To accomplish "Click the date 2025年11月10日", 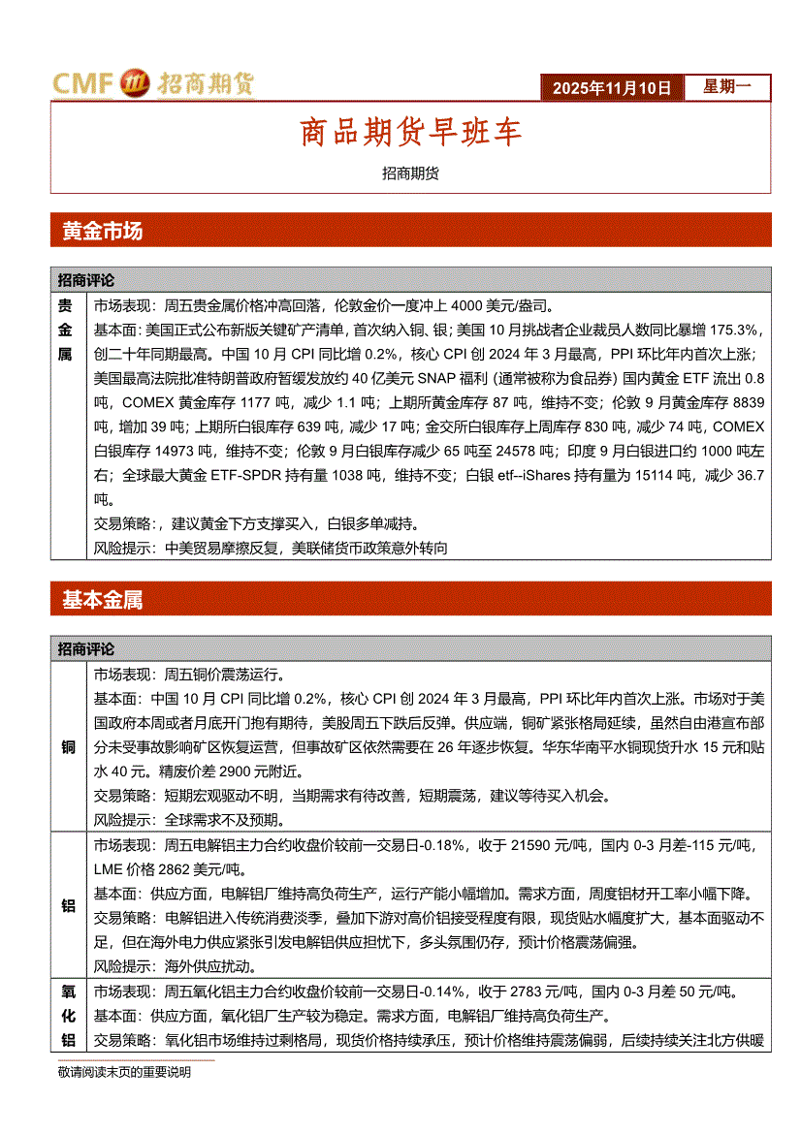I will coord(611,88).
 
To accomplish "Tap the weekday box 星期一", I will coord(725,87).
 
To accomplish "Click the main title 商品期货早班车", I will coord(410,134).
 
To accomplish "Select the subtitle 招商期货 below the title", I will coord(410,173).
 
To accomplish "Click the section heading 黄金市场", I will coord(102,231).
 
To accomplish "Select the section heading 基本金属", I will coord(102,600).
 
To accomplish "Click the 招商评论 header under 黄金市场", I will coord(85,280).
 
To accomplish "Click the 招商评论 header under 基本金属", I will coord(85,649).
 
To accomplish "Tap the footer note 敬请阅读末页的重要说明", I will coord(124,1073).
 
